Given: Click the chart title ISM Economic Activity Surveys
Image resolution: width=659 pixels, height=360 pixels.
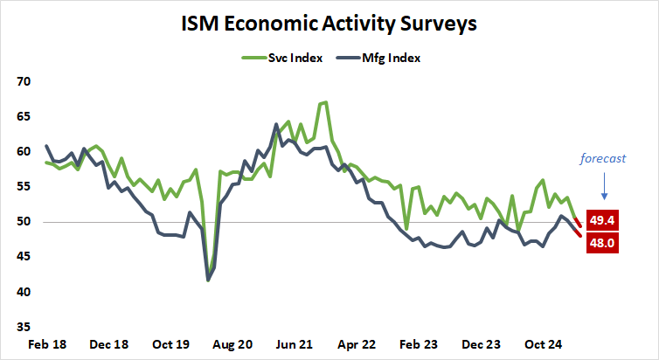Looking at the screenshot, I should [329, 24].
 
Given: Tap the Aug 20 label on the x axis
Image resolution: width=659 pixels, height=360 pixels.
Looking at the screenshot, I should [233, 344].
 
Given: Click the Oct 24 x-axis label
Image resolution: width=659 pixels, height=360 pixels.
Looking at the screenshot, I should [544, 344].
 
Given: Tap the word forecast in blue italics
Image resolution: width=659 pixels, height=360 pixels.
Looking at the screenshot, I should [605, 158].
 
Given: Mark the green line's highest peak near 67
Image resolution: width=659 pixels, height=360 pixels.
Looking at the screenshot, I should [325, 102].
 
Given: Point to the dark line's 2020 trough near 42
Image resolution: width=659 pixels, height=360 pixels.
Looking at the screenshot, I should [208, 280].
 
